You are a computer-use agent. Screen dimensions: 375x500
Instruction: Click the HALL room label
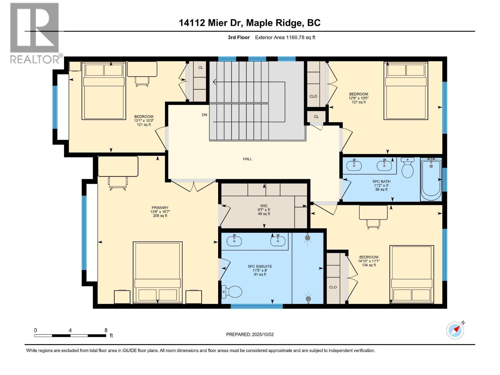click(247, 159)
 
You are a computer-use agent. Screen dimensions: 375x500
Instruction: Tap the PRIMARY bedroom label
click(160, 208)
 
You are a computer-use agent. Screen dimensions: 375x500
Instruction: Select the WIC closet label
click(264, 206)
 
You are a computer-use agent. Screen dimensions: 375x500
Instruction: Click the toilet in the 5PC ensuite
click(232, 292)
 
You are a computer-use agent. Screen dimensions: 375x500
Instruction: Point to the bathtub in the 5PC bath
click(431, 180)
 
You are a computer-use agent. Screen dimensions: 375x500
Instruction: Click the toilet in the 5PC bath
click(407, 168)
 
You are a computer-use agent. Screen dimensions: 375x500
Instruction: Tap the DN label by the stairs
click(204, 115)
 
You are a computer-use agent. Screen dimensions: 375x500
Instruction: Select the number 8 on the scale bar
click(106, 330)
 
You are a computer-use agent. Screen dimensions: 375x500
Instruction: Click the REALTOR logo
click(35, 33)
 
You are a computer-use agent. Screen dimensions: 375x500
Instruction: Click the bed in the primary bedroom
click(158, 272)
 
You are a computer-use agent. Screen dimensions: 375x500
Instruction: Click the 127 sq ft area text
click(358, 102)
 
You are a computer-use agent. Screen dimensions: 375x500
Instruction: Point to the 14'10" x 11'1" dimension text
click(369, 261)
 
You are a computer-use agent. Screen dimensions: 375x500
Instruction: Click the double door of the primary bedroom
click(194, 185)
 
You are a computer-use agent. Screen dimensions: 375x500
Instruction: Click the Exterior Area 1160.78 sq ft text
click(285, 37)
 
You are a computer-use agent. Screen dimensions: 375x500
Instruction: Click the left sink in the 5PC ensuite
click(234, 241)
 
